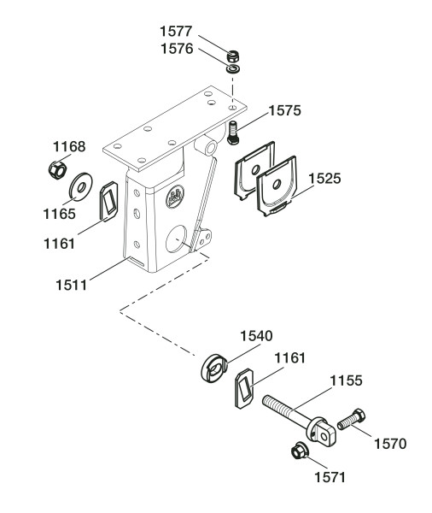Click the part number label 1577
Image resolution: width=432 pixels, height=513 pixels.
[176, 32]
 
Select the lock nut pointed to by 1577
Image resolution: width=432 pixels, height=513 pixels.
[234, 56]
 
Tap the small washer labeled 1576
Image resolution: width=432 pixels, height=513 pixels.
[233, 69]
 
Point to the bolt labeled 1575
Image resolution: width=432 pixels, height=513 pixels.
[233, 133]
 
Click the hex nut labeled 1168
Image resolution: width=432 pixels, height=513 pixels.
[57, 170]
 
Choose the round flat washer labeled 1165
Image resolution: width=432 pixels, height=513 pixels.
[81, 186]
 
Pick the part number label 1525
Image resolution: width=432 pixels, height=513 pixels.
[324, 179]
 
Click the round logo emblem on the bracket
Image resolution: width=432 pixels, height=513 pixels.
[175, 197]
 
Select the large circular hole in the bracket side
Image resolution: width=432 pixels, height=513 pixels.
[176, 239]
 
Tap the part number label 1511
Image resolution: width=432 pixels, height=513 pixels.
[72, 285]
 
